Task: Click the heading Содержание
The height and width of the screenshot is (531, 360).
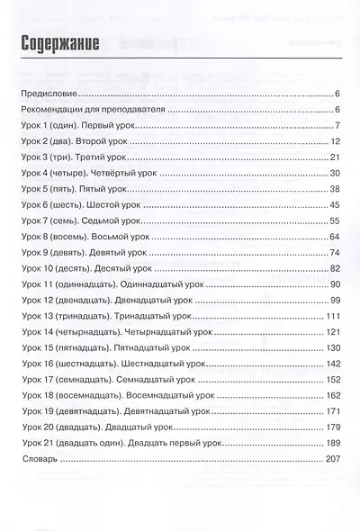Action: pos(56,43)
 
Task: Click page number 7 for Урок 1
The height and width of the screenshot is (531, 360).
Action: pos(335,124)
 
